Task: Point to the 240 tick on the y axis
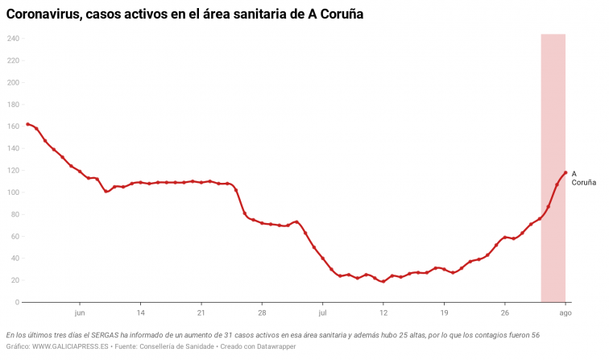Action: (x=13, y=39)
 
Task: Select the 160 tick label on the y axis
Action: (x=13, y=126)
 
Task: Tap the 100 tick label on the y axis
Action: (x=13, y=192)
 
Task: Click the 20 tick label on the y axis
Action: (x=14, y=280)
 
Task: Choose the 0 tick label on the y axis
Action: (x=17, y=302)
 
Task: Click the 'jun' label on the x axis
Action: (x=79, y=312)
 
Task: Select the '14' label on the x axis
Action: (x=140, y=312)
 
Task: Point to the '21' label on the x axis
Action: (x=201, y=312)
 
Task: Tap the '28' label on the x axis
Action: (x=262, y=312)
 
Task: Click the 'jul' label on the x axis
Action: (x=322, y=312)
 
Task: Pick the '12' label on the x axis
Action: (x=383, y=312)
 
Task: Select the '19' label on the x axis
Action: (x=444, y=312)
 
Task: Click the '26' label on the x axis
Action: (x=505, y=312)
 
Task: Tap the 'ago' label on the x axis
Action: (x=565, y=312)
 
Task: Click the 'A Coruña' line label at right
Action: (x=583, y=178)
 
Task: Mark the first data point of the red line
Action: (x=27, y=124)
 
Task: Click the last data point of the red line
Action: (x=565, y=172)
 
